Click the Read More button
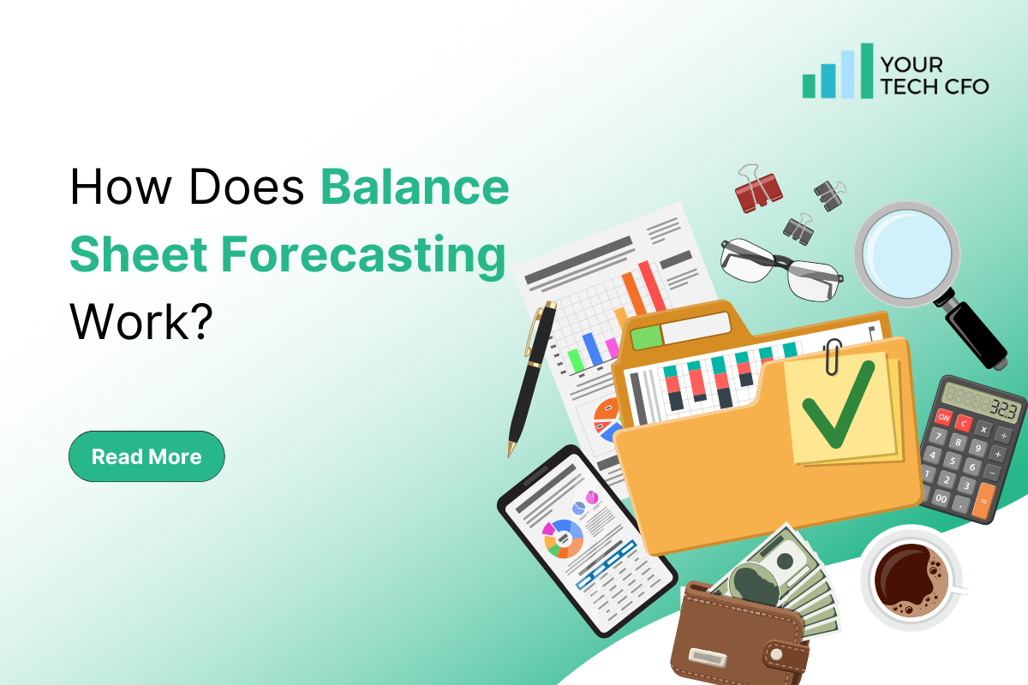click(x=146, y=456)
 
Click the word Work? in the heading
click(x=140, y=322)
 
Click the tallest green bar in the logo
click(x=867, y=70)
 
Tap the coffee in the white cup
click(x=910, y=576)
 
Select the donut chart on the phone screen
click(x=564, y=538)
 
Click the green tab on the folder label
click(x=647, y=337)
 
